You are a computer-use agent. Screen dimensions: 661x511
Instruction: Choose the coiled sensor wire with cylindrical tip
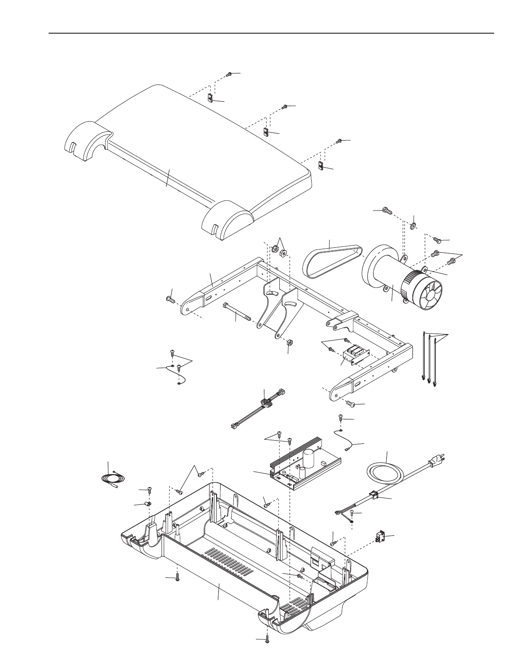112,480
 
